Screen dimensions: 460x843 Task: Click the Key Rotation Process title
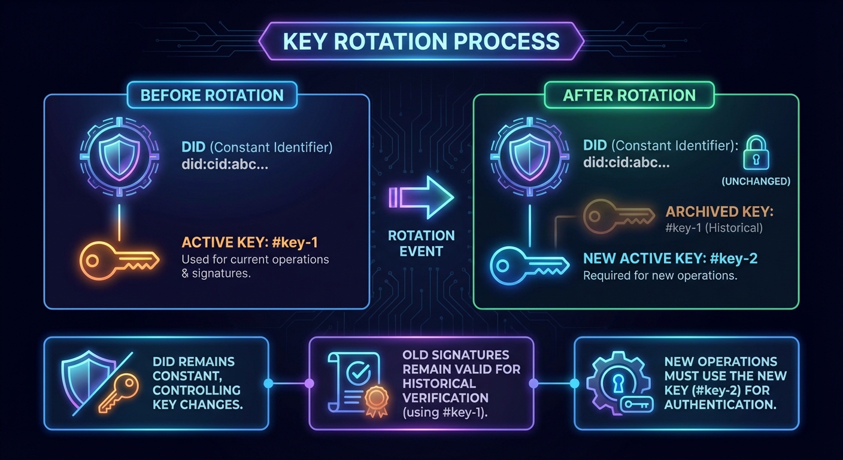[x=421, y=41]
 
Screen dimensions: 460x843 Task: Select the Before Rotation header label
[x=211, y=95]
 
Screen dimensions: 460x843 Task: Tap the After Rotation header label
[x=629, y=95]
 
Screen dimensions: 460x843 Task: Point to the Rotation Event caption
[x=421, y=243]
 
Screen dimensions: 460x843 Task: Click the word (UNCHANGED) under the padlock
[x=756, y=181]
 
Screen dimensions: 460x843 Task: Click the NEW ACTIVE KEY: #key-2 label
[x=671, y=259]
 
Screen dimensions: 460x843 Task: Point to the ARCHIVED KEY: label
[x=711, y=213]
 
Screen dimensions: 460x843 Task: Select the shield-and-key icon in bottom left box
[x=96, y=383]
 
